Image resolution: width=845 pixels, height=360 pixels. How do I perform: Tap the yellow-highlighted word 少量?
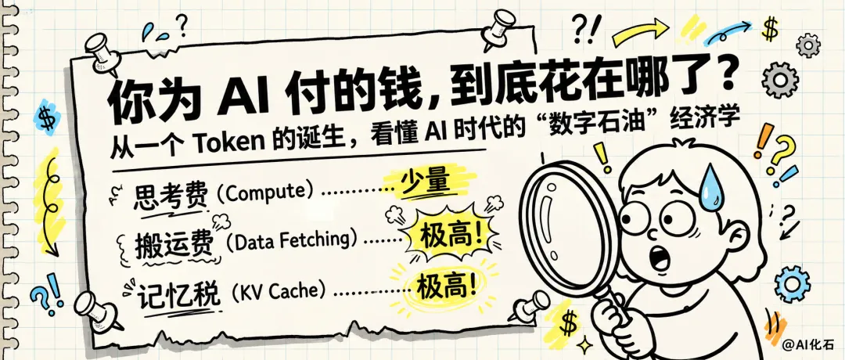pyautogui.click(x=425, y=183)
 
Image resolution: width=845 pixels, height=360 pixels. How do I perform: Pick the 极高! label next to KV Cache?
pyautogui.click(x=448, y=285)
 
